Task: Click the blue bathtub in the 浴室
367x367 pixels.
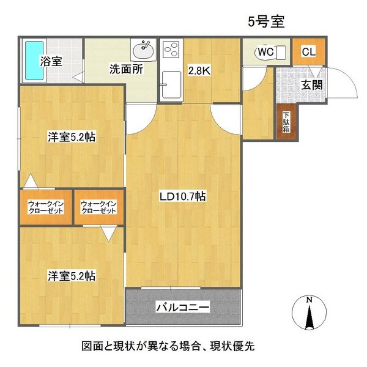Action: [x=34, y=61]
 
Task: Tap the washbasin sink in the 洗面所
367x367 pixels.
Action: [x=143, y=50]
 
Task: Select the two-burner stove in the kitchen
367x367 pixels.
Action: [x=171, y=50]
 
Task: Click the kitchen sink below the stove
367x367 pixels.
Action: [x=171, y=85]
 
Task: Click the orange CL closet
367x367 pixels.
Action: [x=309, y=51]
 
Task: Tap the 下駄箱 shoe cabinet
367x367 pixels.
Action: [x=287, y=122]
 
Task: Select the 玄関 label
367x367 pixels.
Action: [x=312, y=85]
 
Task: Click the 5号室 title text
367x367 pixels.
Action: [x=266, y=22]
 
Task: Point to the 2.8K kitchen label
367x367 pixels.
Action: [x=199, y=70]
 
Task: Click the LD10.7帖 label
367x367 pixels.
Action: [x=182, y=196]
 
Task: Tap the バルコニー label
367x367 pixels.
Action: [x=183, y=307]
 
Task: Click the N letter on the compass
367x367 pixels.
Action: [x=309, y=300]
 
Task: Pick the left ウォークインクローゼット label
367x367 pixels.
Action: [x=46, y=207]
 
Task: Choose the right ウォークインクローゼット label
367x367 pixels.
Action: [x=98, y=207]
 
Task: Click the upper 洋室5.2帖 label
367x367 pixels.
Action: [x=72, y=137]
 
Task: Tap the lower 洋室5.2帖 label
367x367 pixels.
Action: [x=72, y=276]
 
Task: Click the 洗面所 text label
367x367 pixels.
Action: [x=126, y=69]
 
